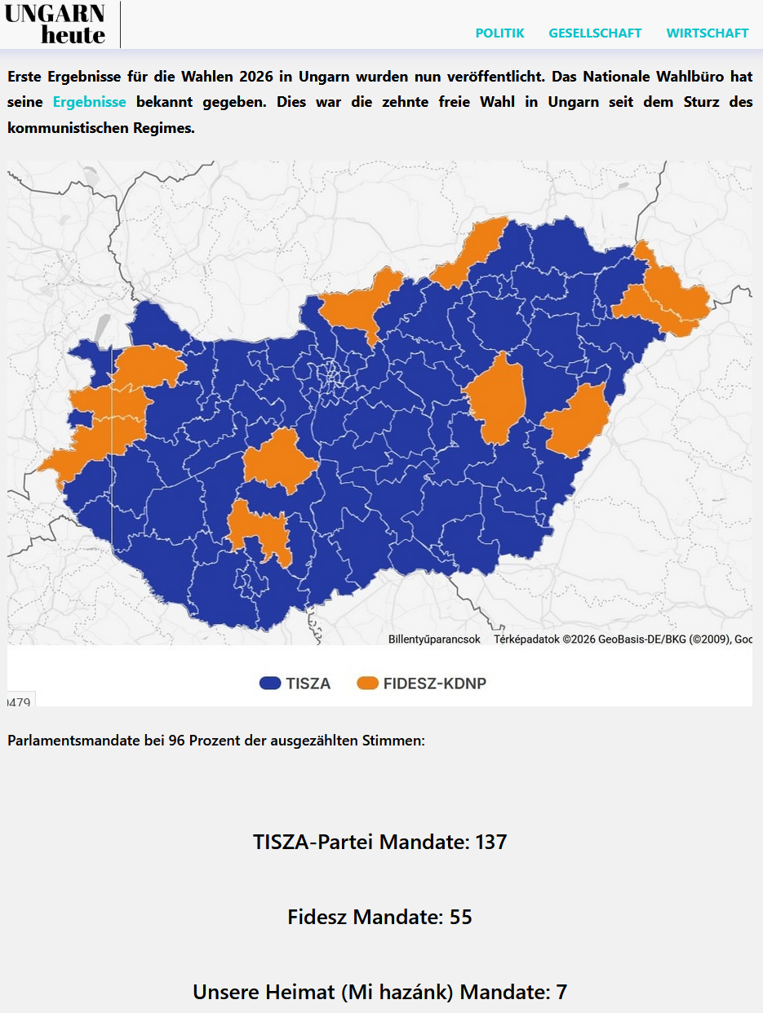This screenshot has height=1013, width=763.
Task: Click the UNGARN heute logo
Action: point(55,24)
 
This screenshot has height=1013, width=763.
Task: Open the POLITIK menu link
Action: point(499,33)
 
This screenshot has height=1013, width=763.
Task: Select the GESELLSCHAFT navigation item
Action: point(595,33)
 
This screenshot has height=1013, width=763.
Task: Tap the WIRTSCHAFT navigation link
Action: point(707,33)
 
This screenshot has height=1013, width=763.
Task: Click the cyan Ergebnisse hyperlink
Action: point(89,103)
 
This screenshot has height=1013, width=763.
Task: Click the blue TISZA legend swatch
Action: point(269,683)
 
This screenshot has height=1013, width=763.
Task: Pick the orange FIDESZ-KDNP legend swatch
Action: point(368,683)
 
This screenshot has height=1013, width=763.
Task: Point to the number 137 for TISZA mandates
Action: point(490,842)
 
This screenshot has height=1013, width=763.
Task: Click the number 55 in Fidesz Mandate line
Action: point(460,917)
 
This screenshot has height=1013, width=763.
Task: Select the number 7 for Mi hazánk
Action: point(561,992)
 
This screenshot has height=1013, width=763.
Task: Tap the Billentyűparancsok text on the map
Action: point(434,639)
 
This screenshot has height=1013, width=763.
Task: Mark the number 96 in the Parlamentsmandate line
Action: point(177,741)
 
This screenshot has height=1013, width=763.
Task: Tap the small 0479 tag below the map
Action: point(20,701)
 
